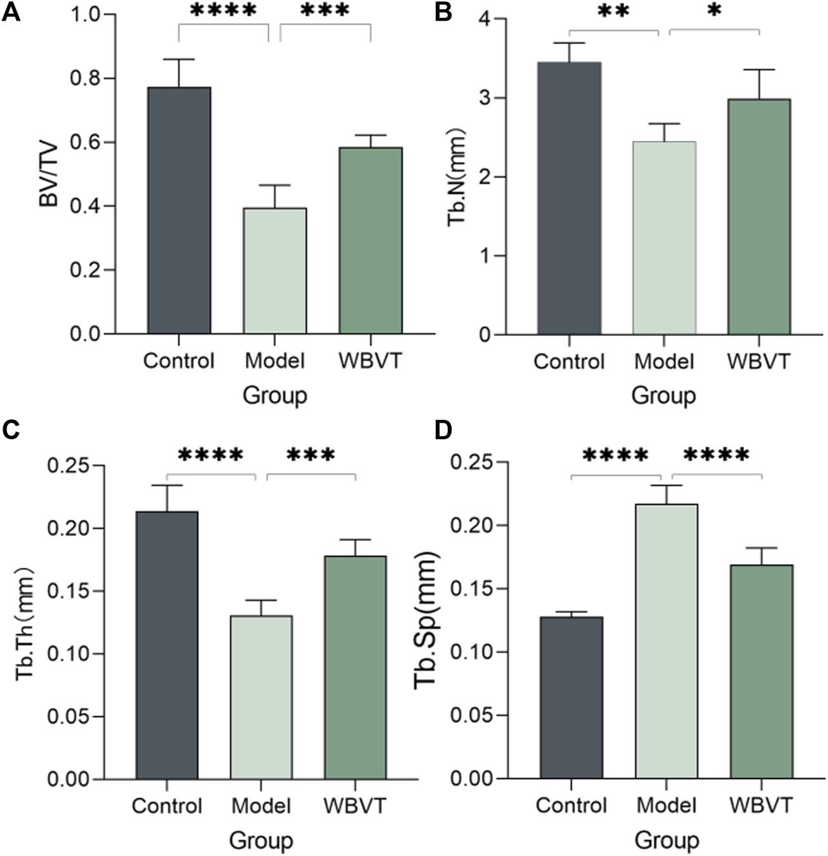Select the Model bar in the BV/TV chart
275,271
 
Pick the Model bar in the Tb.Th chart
261,697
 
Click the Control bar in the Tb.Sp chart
571,698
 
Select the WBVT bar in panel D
762,672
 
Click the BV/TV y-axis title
48,174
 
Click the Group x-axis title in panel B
663,395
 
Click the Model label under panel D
667,806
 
